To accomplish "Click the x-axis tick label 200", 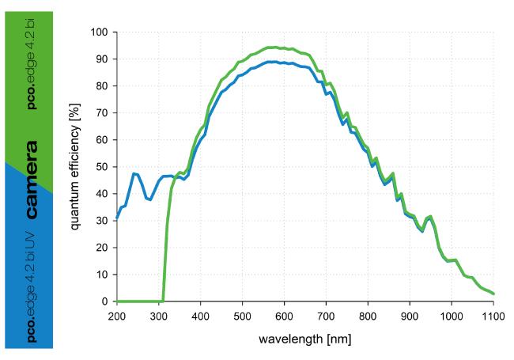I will pyautogui.click(x=117, y=315).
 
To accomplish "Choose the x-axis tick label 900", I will pyautogui.click(x=410, y=315).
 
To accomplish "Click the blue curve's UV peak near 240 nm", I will pyautogui.click(x=134, y=173).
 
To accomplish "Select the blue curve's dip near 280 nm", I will pyautogui.click(x=149, y=199).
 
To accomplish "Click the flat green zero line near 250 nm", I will pyautogui.click(x=138, y=301).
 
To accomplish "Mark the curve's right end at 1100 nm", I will pyautogui.click(x=493, y=294).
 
